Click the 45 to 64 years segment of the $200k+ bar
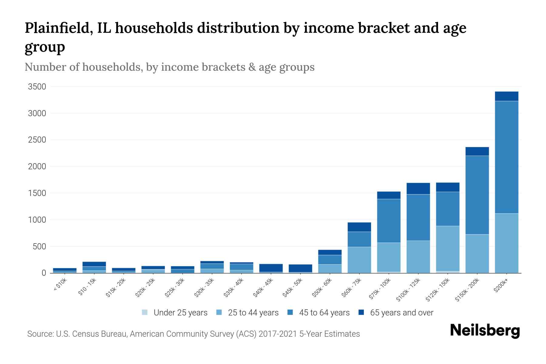[x=506, y=157]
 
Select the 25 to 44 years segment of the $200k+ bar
[x=506, y=243]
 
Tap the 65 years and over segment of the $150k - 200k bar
[x=477, y=151]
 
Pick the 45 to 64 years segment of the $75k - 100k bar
[x=389, y=221]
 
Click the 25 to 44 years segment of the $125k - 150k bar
[x=447, y=248]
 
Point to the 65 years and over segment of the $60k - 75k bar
[x=359, y=227]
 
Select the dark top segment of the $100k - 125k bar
[x=418, y=188]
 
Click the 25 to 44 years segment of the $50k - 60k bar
[x=330, y=268]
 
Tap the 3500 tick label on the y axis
[x=37, y=87]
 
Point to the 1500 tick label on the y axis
[x=37, y=193]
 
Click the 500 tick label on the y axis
[x=39, y=246]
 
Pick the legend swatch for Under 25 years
[x=145, y=312]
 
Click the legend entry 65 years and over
[x=401, y=312]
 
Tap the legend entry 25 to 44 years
[x=253, y=312]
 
